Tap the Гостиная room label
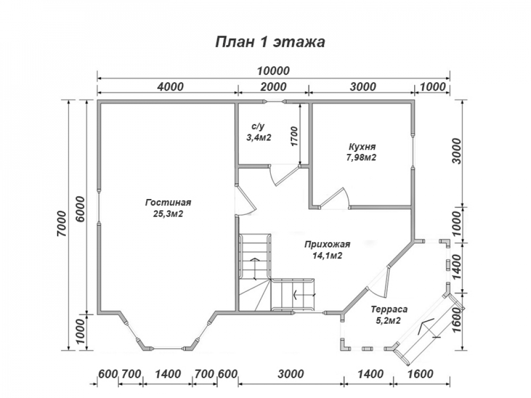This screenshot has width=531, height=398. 168,202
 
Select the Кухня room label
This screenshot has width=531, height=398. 362,147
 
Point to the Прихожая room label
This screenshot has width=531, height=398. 327,244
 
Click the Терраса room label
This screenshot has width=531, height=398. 389,309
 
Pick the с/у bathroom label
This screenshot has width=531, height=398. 258,127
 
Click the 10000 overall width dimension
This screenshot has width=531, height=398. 273,71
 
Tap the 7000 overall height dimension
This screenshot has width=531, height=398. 62,224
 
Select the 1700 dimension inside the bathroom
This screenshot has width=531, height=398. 294,136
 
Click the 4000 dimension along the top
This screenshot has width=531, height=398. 170,86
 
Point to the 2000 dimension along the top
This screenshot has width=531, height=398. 273,86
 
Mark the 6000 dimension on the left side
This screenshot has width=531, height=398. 80,209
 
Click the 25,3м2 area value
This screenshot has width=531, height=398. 168,214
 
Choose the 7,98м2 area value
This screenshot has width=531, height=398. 362,158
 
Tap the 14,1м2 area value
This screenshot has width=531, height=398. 327,256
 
